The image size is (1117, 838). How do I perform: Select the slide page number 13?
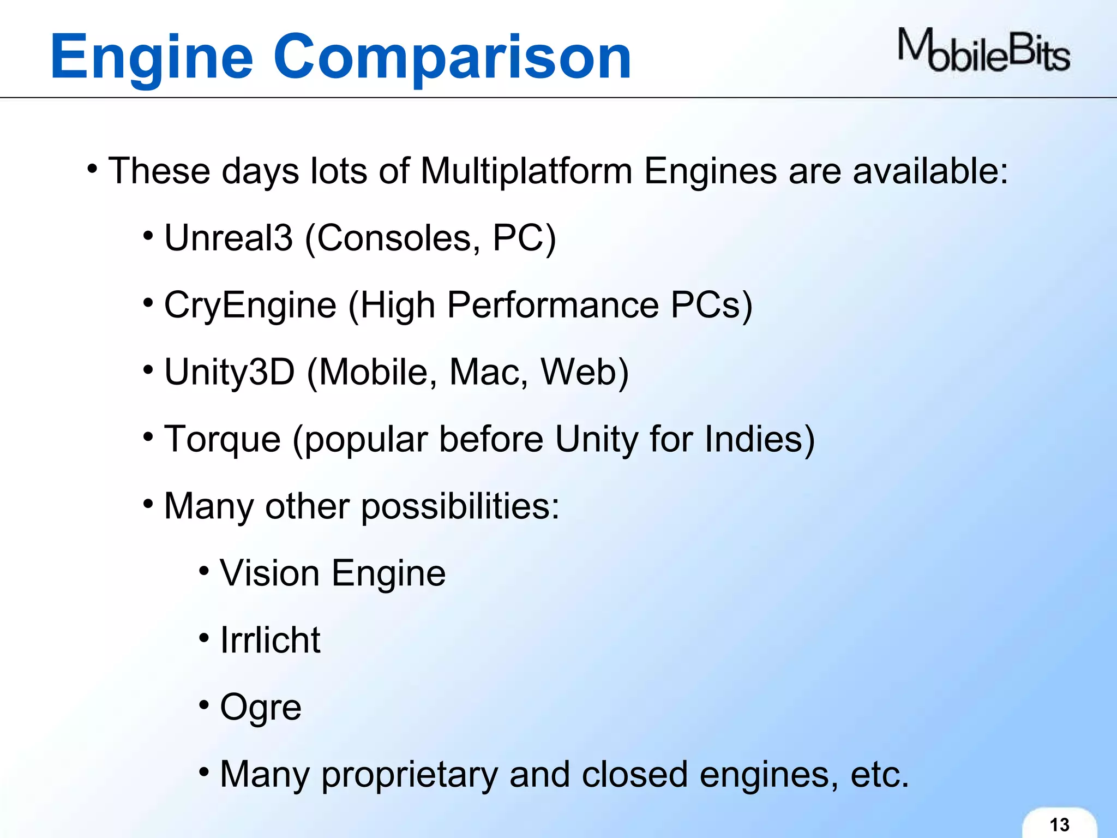pyautogui.click(x=1059, y=824)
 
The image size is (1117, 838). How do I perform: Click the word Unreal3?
pyautogui.click(x=229, y=238)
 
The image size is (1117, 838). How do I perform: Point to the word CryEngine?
pyautogui.click(x=250, y=305)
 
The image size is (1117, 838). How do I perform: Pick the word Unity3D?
pyautogui.click(x=230, y=372)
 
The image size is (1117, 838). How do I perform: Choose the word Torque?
pyautogui.click(x=223, y=439)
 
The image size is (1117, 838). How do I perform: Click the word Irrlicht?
pyautogui.click(x=270, y=640)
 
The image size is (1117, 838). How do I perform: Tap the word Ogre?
pyautogui.click(x=260, y=708)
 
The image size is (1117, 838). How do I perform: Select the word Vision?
pyautogui.click(x=269, y=573)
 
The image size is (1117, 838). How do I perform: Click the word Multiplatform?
pyautogui.click(x=526, y=171)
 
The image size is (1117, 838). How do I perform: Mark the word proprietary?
pyautogui.click(x=409, y=775)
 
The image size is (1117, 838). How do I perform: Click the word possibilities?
pyautogui.click(x=460, y=506)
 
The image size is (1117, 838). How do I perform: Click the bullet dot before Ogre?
pyautogui.click(x=204, y=705)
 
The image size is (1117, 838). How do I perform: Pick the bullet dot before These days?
pyautogui.click(x=93, y=168)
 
